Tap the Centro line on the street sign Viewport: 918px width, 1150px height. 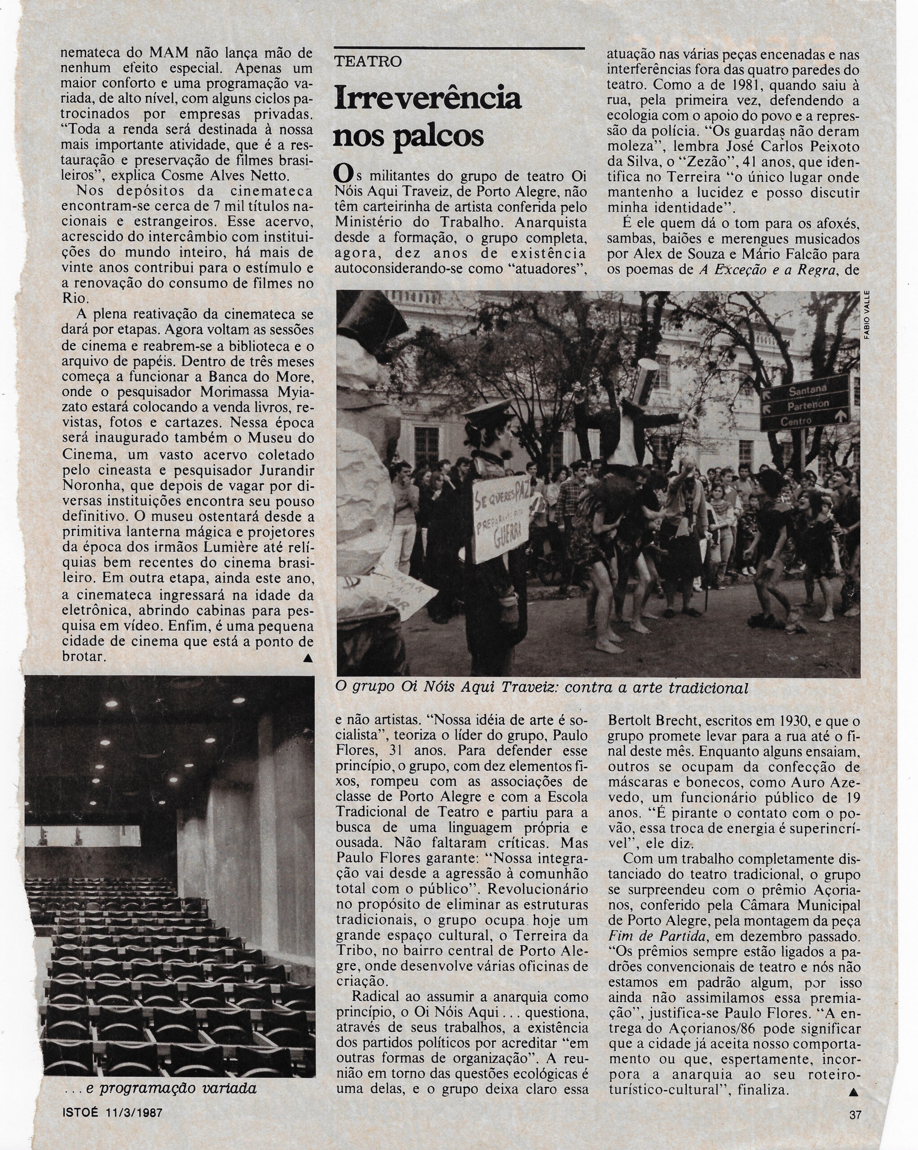tap(796, 421)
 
